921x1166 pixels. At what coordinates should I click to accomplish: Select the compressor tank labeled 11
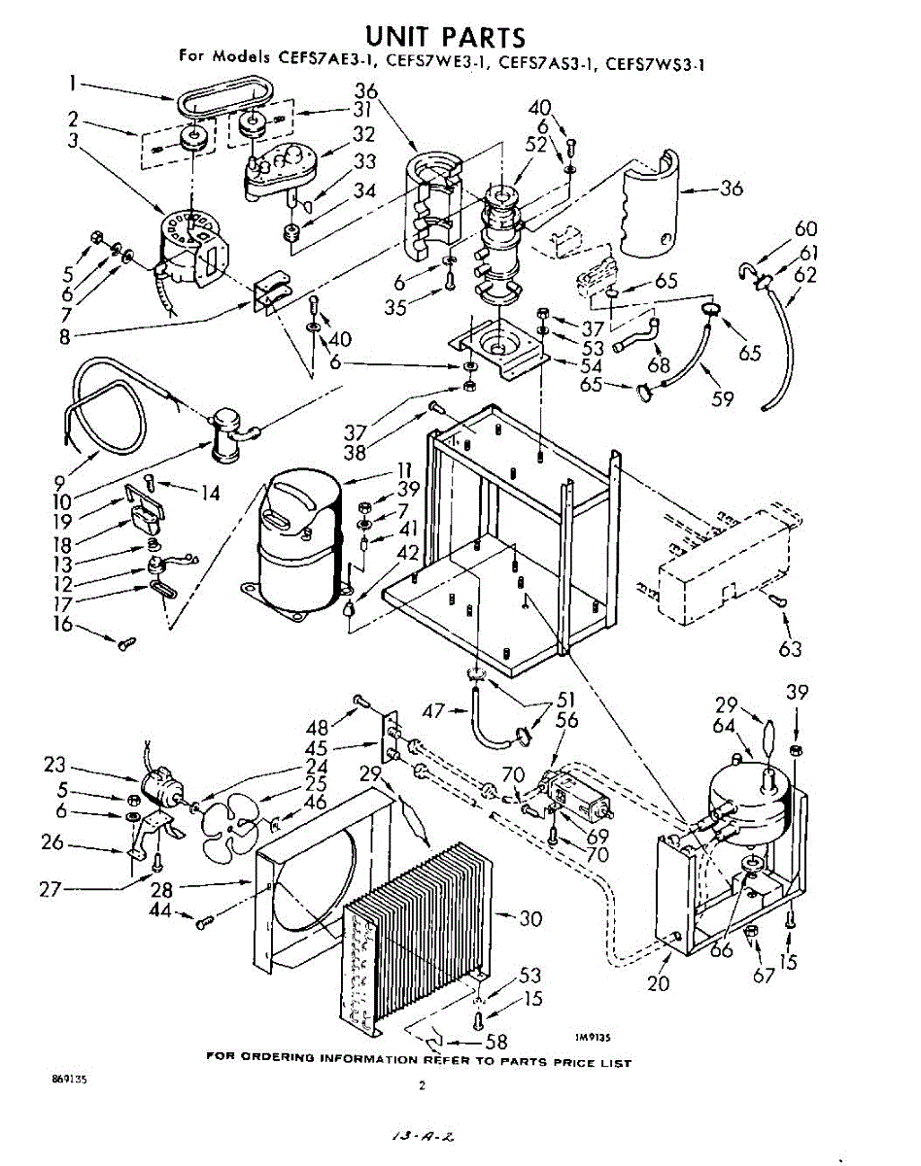coord(290,544)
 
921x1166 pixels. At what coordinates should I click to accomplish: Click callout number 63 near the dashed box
coord(790,647)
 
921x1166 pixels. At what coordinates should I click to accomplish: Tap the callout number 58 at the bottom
coord(495,1043)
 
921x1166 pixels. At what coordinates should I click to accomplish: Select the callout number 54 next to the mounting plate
coord(591,366)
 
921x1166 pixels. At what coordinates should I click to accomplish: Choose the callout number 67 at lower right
coord(765,974)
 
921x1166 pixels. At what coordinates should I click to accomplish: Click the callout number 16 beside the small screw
coord(62,623)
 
